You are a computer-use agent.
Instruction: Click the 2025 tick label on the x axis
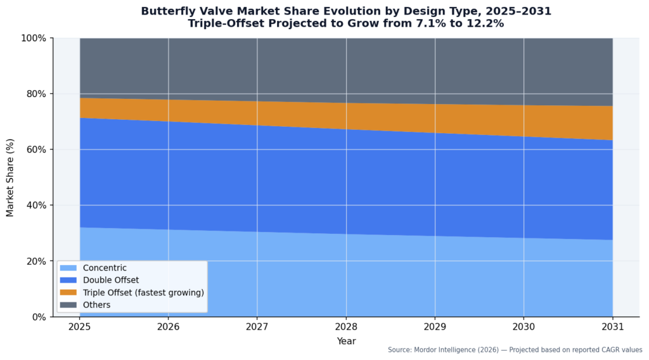[79, 328]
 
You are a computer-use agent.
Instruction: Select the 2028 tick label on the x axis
[345, 328]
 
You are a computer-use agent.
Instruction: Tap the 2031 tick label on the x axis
[612, 328]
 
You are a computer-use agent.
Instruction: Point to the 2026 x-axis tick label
[168, 328]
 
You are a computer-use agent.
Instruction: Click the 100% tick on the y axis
[33, 38]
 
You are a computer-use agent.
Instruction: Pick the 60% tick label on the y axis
[35, 150]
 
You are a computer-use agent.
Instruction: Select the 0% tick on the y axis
[38, 317]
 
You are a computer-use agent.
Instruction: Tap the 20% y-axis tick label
[35, 261]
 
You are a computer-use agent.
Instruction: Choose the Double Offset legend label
[110, 280]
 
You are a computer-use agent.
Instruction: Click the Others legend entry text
[96, 305]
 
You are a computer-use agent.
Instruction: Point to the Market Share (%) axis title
[11, 177]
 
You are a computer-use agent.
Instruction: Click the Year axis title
[346, 341]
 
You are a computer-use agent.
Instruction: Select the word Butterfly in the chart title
[167, 11]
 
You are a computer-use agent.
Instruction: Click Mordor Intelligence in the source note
[446, 350]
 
